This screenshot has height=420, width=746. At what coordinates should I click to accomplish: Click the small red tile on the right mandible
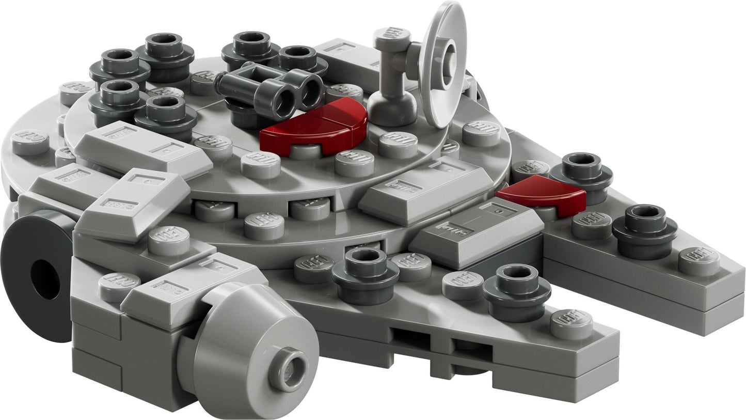pyautogui.click(x=542, y=195)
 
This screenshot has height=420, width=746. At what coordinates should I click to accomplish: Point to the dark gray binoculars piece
pyautogui.click(x=271, y=89)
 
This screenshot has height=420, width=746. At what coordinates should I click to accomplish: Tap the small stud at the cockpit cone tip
pyautogui.click(x=288, y=370)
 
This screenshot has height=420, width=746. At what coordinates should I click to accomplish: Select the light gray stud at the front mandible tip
pyautogui.click(x=571, y=323)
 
